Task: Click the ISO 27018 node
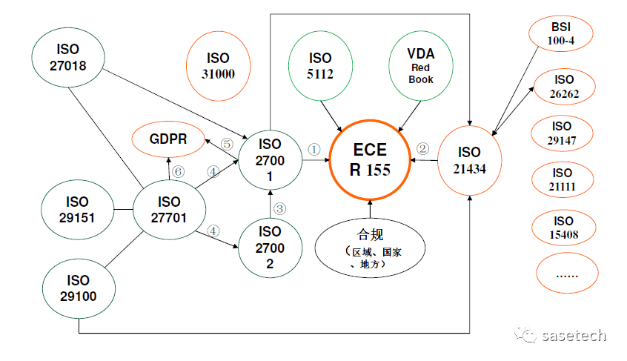(70, 58)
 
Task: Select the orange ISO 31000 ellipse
(218, 65)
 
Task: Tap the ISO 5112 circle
(320, 65)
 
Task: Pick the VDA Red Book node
(420, 64)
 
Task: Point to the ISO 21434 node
(470, 160)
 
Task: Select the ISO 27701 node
(169, 210)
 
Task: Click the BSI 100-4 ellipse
(561, 34)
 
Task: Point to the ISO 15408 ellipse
(563, 228)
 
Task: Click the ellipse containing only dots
(565, 274)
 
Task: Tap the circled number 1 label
(313, 149)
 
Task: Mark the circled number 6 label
(177, 171)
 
